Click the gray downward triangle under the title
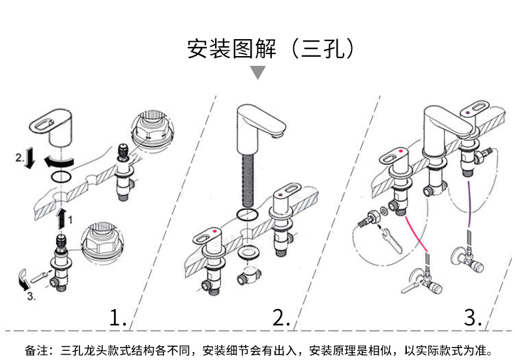tap(258, 72)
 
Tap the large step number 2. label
tap(281, 318)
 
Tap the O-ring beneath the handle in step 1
tap(61, 177)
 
